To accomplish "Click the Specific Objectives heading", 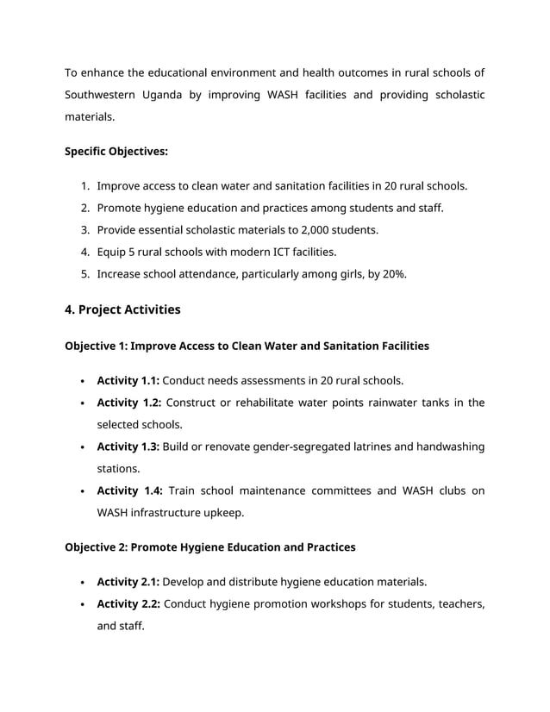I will pyautogui.click(x=116, y=152).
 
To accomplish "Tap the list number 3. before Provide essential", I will pyautogui.click(x=85, y=230).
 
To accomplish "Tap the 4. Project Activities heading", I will pyautogui.click(x=122, y=309).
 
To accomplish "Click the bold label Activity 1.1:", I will pyautogui.click(x=128, y=380).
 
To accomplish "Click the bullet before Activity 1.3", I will pyautogui.click(x=81, y=447).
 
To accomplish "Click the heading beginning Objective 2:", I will pyautogui.click(x=209, y=547).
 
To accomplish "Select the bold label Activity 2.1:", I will pyautogui.click(x=128, y=582).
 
